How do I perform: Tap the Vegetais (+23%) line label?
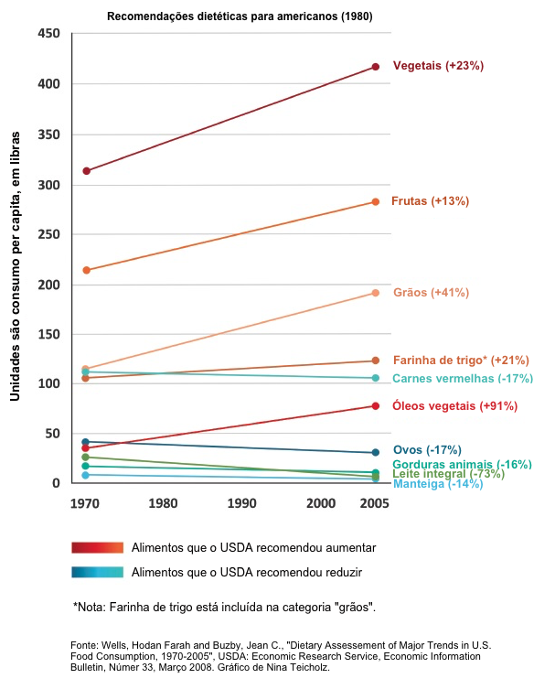[438, 66]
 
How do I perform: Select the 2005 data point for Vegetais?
[376, 67]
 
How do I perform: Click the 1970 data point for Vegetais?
[86, 171]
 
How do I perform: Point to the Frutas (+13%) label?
[430, 201]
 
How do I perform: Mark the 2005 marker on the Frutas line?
[376, 202]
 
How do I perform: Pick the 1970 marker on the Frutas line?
[86, 270]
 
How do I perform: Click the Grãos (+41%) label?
[431, 293]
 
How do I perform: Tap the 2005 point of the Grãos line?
[376, 293]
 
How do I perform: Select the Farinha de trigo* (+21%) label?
[461, 361]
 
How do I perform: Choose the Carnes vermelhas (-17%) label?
[463, 379]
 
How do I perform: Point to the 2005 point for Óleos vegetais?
[376, 406]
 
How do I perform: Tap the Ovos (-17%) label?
[426, 449]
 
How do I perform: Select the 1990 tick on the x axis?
[242, 503]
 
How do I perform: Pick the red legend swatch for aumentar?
[97, 547]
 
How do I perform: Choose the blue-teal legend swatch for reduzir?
[97, 572]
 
